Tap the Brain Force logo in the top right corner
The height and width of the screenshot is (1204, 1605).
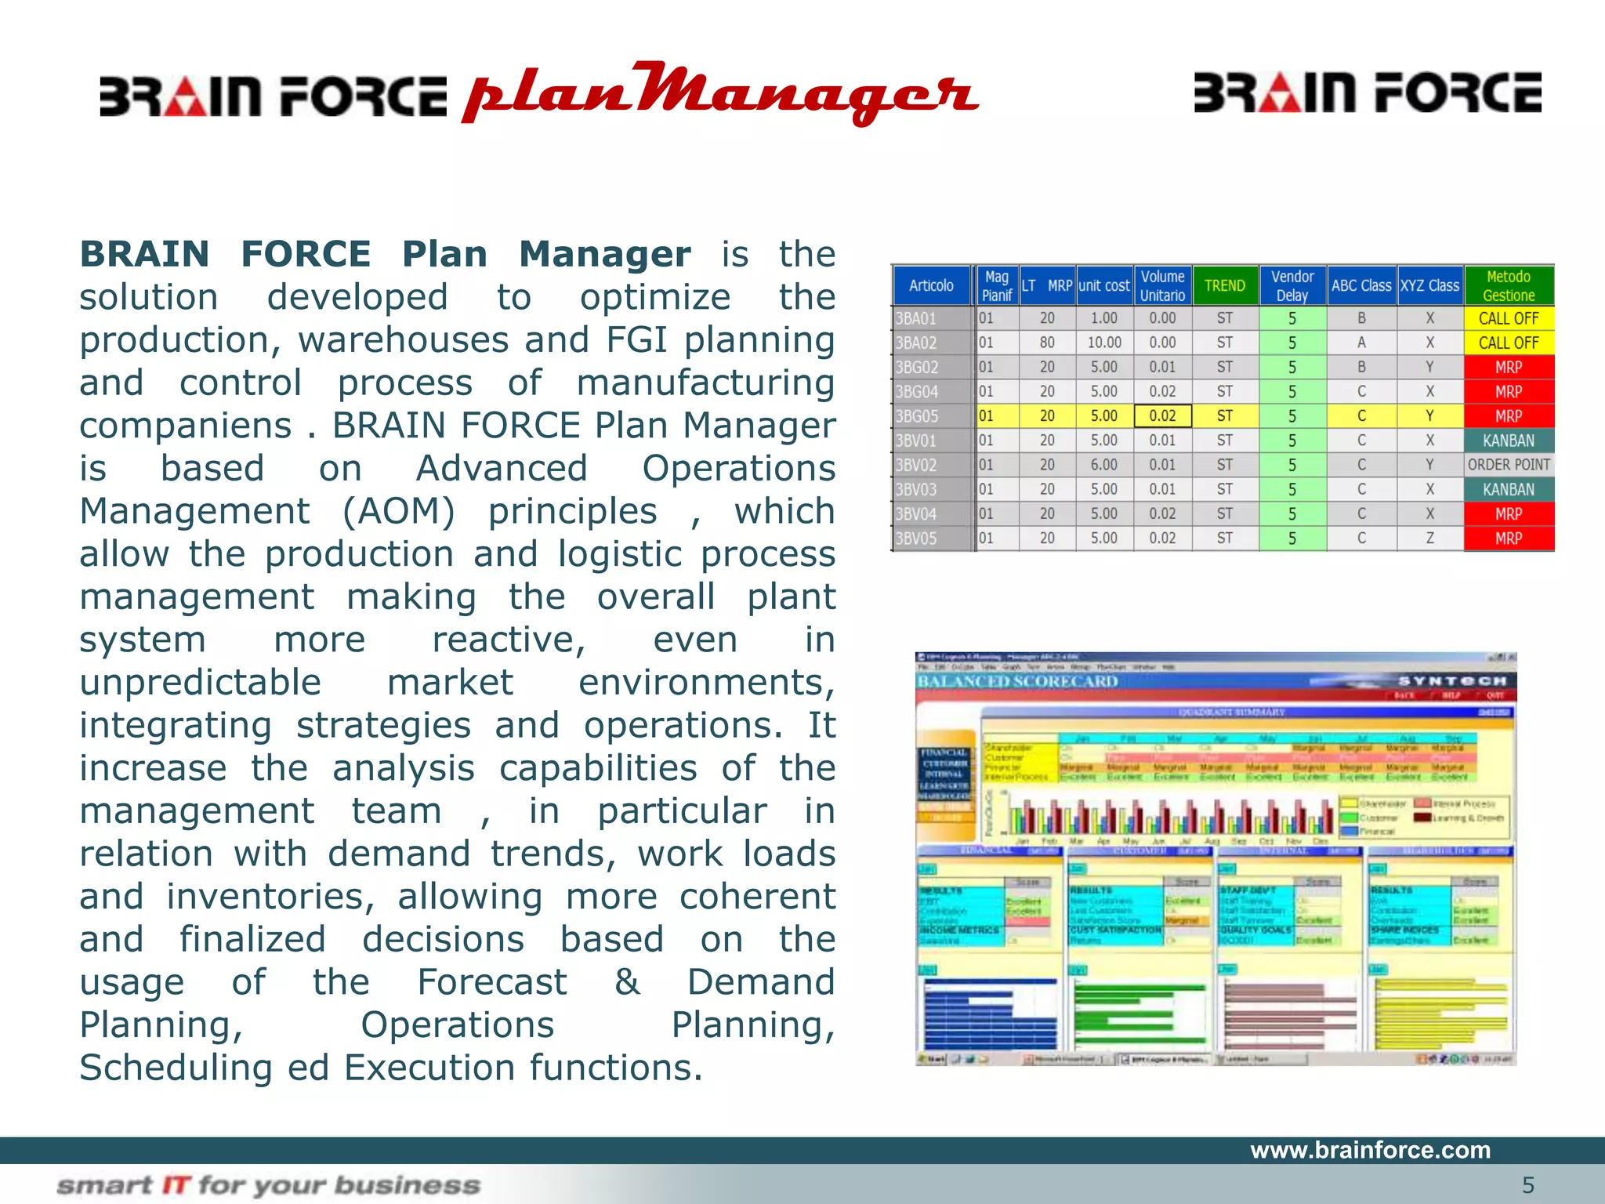click(x=1367, y=92)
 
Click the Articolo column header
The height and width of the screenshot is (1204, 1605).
click(x=931, y=286)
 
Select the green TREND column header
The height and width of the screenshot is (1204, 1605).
click(x=1225, y=286)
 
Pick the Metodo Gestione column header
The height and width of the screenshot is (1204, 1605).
click(x=1509, y=286)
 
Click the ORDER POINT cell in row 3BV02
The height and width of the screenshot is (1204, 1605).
click(x=1509, y=465)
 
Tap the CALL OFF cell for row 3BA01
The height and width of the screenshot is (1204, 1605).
click(x=1509, y=318)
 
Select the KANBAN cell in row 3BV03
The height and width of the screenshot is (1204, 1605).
click(x=1509, y=489)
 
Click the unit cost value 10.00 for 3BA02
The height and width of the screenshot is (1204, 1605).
click(x=1104, y=343)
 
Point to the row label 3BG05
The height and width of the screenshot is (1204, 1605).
click(x=917, y=416)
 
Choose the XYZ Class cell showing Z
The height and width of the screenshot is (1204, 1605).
click(x=1429, y=539)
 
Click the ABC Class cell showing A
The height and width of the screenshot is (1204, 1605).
click(x=1361, y=343)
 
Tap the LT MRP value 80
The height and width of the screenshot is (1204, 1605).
click(x=1047, y=343)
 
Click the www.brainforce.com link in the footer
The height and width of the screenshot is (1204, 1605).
click(x=1370, y=1150)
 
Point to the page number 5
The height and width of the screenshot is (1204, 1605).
click(x=1527, y=1185)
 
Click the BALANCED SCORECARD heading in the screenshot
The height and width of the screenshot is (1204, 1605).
click(x=1017, y=681)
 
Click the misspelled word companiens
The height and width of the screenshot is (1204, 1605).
click(x=185, y=426)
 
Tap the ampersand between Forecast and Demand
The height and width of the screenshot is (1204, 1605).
click(x=627, y=982)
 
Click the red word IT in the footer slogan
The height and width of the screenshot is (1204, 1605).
click(x=176, y=1185)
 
